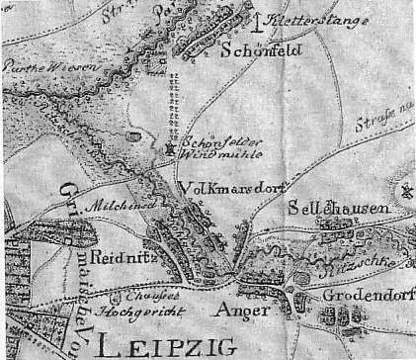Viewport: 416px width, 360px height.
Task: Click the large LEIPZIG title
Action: coord(168,344)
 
